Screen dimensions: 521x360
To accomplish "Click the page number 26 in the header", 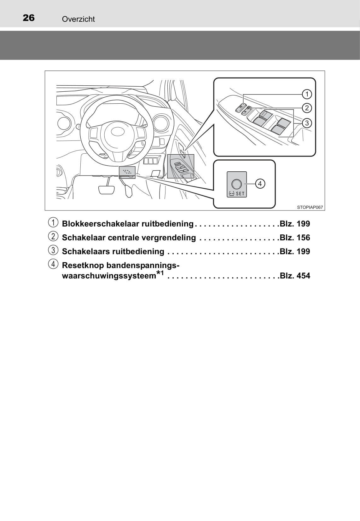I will point(29,18).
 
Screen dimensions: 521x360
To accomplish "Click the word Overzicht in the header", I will point(78,19).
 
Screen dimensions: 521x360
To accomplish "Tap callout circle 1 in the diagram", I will point(307,94).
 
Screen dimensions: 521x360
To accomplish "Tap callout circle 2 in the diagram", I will point(307,108).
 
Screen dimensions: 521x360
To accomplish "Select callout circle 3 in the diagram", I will point(307,123).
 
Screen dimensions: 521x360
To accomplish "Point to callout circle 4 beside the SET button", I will point(260,184).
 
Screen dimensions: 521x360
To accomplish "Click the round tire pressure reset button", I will point(236,184).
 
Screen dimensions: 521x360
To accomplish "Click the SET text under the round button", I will point(240,194).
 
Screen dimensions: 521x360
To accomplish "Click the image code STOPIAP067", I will point(310,207).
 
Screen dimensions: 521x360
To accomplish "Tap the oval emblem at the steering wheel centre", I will point(118,131).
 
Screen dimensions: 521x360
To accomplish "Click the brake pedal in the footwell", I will point(106,190).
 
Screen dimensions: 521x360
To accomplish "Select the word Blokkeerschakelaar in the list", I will point(101,224).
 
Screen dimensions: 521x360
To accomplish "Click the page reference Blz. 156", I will point(295,238).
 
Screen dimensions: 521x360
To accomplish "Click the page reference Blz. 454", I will point(295,276).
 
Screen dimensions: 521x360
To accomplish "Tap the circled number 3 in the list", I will point(53,250).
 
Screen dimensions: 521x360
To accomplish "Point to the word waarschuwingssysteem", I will point(109,276).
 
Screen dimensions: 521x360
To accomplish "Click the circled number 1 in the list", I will point(53,223).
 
